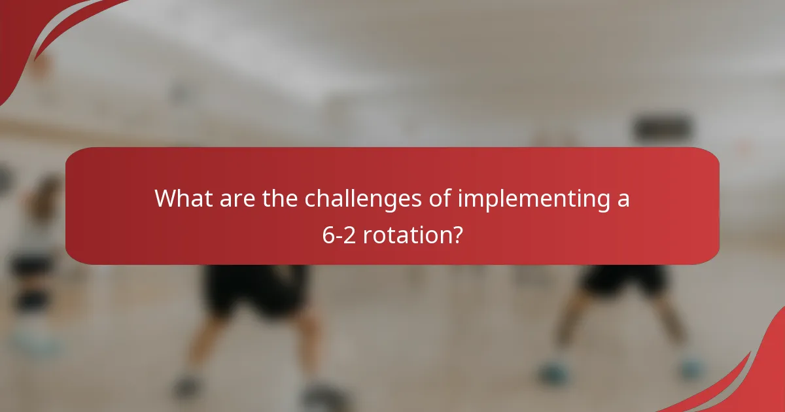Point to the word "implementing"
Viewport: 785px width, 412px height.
[x=532, y=199]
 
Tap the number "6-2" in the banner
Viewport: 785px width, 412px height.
[x=340, y=234]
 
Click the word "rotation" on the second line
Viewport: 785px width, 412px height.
[x=405, y=234]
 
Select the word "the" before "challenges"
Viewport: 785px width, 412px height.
[x=281, y=198]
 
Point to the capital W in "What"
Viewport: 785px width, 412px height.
[x=166, y=198]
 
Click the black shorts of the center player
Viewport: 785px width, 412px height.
[x=255, y=288]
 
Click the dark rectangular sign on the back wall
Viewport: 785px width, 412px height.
[x=662, y=128]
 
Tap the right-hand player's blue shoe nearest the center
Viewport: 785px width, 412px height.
[x=553, y=373]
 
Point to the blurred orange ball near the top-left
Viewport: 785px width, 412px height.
[x=41, y=65]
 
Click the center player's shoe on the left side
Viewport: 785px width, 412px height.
[x=186, y=386]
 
